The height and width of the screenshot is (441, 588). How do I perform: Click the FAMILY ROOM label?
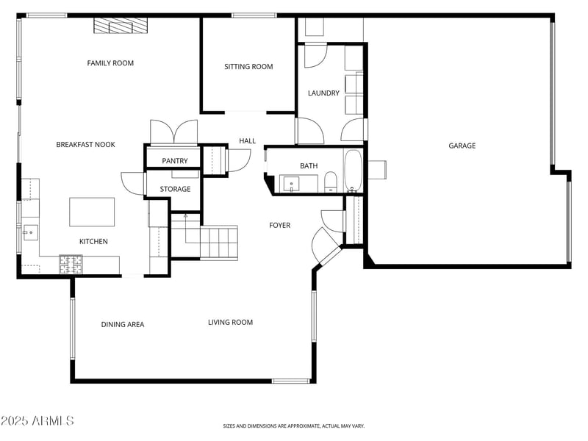pos(110,63)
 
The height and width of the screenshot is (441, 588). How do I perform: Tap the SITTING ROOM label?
pos(248,67)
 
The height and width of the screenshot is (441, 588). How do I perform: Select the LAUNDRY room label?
pos(323,93)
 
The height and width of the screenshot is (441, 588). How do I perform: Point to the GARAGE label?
pos(462,146)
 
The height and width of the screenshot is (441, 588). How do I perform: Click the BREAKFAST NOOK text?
pos(85,145)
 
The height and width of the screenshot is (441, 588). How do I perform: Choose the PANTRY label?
pos(175,161)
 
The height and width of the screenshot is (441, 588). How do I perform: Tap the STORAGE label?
pos(175,189)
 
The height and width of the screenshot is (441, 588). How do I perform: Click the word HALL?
pos(247,141)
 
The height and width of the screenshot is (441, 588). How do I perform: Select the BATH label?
pos(309,166)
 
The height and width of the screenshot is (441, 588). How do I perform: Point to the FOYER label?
pos(279,226)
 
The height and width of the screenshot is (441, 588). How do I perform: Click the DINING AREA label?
pos(123,325)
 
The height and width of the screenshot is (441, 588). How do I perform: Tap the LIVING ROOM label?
pos(230,323)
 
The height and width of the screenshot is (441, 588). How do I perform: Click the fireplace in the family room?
pos(120,26)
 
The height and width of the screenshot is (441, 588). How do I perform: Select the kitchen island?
pos(92,212)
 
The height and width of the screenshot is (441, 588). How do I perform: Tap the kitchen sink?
pos(30,233)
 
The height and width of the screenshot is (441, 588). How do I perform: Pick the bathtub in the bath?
pos(354,171)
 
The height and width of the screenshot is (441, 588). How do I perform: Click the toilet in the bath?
pos(331,181)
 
